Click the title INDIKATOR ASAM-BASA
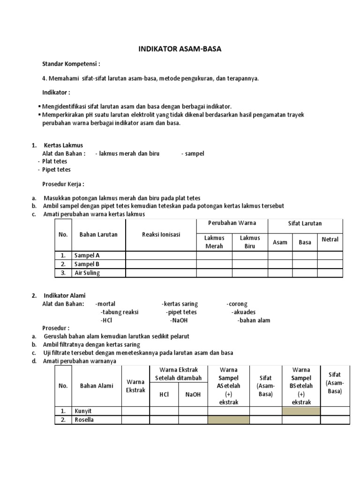180,48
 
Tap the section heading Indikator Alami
65,296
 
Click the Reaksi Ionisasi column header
161,234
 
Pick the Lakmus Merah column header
214,242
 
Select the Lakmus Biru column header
250,242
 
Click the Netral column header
330,240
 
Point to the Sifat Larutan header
305,224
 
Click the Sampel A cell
87,255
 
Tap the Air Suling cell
87,273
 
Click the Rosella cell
84,420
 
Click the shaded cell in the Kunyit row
301,411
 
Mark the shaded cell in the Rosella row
228,420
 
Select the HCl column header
164,395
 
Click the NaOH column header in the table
193,395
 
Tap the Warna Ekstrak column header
136,386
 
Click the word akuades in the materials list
243,312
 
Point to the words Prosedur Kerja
63,184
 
